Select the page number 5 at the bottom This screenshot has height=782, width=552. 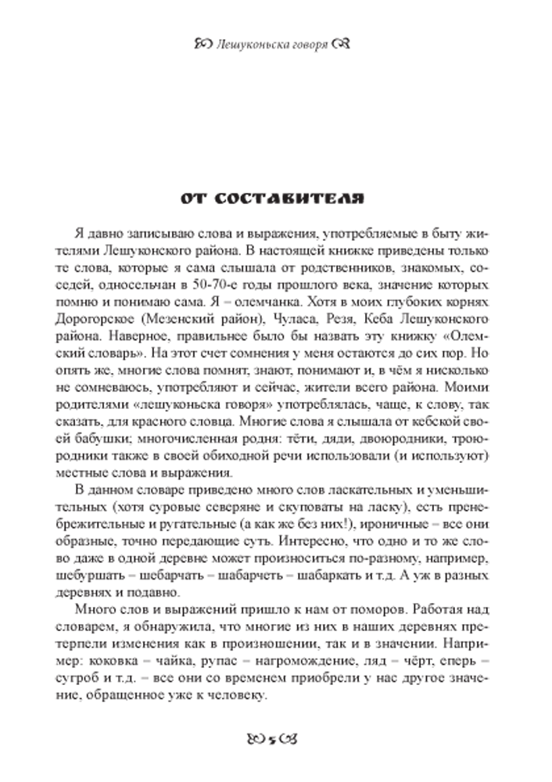pyautogui.click(x=272, y=739)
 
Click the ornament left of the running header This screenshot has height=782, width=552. pyautogui.click(x=203, y=44)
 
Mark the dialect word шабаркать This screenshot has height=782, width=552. pyautogui.click(x=329, y=576)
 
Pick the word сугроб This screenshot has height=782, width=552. pyautogui.click(x=95, y=678)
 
